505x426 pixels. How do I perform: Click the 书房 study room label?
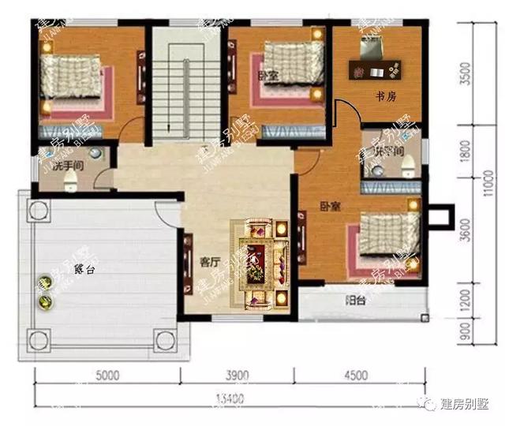click(x=385, y=97)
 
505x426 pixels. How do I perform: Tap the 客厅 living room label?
click(x=208, y=261)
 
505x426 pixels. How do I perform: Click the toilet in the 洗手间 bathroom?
click(x=69, y=182)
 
